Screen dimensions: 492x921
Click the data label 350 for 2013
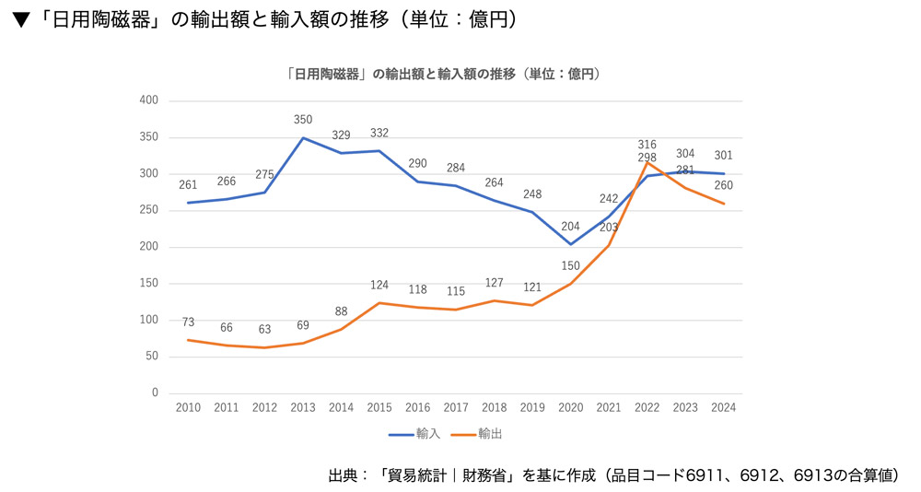point(303,120)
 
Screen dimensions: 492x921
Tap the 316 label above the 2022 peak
point(647,145)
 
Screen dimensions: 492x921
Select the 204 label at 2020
point(571,227)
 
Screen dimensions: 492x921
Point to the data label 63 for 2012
point(264,329)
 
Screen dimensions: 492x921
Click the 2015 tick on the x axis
point(379,407)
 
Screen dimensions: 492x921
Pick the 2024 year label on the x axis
point(723,407)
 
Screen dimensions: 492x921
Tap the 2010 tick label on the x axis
point(188,407)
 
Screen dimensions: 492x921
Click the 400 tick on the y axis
point(148,100)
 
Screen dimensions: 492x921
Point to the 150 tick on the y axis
point(148,284)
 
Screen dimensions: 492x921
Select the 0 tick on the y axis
point(155,393)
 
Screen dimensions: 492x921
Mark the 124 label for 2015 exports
point(379,285)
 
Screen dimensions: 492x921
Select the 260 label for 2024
point(723,185)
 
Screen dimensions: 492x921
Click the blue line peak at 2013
point(303,138)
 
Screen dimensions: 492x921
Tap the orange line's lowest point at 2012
point(264,347)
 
